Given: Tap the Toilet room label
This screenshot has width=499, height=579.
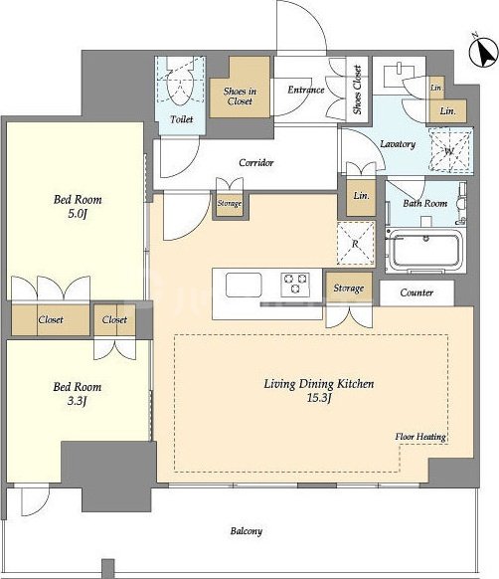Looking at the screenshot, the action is [x=182, y=119].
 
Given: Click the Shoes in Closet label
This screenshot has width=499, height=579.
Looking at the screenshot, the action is [x=240, y=96].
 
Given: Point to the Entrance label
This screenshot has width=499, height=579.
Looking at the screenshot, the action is [x=306, y=90].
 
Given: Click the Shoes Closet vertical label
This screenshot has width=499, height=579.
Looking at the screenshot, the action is [x=357, y=90].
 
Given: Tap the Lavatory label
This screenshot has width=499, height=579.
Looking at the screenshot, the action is [x=398, y=143].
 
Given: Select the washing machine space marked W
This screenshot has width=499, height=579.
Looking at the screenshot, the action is [x=450, y=150].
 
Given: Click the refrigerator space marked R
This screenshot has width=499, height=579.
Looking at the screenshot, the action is [x=356, y=244].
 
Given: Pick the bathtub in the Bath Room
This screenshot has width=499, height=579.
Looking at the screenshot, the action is [x=426, y=250].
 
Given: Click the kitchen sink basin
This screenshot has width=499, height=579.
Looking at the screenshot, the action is [x=244, y=285].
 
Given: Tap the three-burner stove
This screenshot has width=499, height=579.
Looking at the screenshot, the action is [x=295, y=285].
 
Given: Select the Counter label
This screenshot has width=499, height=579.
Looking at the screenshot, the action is [x=416, y=292].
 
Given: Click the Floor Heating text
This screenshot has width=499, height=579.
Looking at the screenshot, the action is [x=420, y=437].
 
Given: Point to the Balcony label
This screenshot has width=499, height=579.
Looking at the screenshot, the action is [x=247, y=531].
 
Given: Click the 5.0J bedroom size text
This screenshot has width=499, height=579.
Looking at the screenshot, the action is [x=78, y=214].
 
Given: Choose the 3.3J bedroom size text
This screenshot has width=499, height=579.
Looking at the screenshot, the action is [x=78, y=401].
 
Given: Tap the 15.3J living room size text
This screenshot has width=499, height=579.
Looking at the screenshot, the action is [x=319, y=398].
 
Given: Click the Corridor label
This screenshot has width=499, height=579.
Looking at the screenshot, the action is [x=256, y=162].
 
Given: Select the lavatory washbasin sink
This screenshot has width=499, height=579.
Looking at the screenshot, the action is [x=395, y=73].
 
